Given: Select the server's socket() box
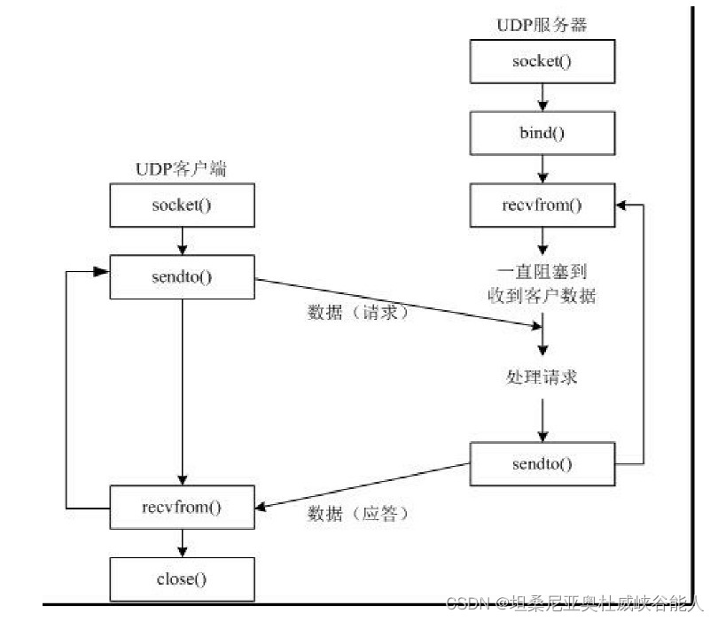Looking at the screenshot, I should pyautogui.click(x=542, y=61).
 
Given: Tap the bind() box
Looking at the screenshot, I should pyautogui.click(x=542, y=135).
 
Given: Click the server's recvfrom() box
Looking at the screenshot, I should pyautogui.click(x=542, y=206).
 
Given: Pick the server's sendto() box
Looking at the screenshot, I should pyautogui.click(x=542, y=463).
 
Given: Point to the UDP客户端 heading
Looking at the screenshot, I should pyautogui.click(x=181, y=170).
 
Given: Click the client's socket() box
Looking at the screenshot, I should pyautogui.click(x=181, y=206).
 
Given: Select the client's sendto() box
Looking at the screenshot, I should pyautogui.click(x=181, y=276).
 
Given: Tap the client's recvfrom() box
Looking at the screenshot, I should pyautogui.click(x=181, y=508).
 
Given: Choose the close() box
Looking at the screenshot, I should pyautogui.click(x=181, y=580).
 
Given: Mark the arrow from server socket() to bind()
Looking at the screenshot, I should pyautogui.click(x=542, y=97).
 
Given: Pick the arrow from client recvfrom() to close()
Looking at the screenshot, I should pyautogui.click(x=181, y=543).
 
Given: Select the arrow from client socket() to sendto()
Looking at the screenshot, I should pyautogui.click(x=181, y=241).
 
